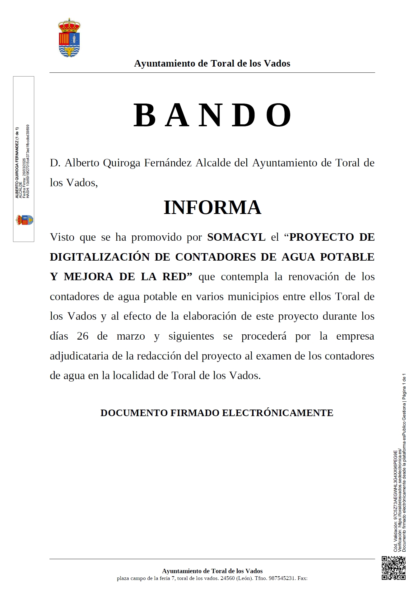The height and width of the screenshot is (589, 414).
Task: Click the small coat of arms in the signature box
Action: coord(25,220)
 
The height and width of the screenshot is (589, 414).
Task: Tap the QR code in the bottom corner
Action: coord(393,568)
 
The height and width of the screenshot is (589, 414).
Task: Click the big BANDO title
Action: coord(213,115)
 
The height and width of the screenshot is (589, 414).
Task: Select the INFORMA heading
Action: coord(212,207)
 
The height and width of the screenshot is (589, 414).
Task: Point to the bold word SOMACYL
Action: coord(236,237)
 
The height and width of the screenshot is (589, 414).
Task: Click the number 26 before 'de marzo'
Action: coord(83,336)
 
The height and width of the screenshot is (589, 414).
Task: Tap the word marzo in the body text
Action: coord(131,336)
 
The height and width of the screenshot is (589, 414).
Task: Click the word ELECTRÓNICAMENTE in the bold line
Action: coord(277,413)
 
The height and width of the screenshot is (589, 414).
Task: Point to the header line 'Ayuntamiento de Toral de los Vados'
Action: coord(212,63)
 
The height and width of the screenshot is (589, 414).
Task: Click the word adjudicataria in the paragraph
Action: coord(79,356)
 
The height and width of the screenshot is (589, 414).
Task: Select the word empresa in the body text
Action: coord(355,336)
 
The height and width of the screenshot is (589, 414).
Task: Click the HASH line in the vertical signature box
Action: coord(28,162)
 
